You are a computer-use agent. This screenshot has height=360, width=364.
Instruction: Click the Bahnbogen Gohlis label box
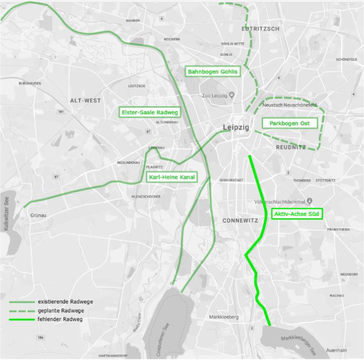pyautogui.click(x=212, y=72)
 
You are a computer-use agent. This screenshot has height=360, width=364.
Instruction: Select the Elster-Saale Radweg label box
pyautogui.click(x=150, y=112)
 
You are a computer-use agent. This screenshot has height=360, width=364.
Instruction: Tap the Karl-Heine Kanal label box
pyautogui.click(x=171, y=177)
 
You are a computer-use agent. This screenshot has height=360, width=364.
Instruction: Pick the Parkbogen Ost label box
pyautogui.click(x=289, y=123)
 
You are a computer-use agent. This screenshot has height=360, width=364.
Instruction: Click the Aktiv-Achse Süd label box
pyautogui.click(x=297, y=214)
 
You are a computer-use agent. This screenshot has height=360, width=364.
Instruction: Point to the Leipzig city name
pyautogui.click(x=236, y=127)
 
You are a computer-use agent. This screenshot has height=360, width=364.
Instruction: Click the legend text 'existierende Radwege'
pyautogui.click(x=65, y=302)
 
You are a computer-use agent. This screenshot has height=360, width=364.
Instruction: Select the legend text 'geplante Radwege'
pyautogui.click(x=61, y=310)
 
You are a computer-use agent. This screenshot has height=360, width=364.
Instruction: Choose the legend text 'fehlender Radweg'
pyautogui.click(x=60, y=320)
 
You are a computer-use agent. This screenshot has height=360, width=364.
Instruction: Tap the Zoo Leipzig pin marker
pyautogui.click(x=231, y=95)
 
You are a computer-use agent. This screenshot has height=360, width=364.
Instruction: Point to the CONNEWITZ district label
pyautogui.click(x=240, y=220)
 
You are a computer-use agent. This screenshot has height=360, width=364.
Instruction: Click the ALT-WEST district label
pyautogui.click(x=86, y=101)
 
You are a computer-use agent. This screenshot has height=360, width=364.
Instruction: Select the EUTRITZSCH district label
pyautogui.click(x=260, y=29)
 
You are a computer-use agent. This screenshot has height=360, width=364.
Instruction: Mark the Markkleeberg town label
pyautogui.click(x=224, y=317)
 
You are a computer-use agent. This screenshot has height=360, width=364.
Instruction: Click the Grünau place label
pyautogui.click(x=38, y=215)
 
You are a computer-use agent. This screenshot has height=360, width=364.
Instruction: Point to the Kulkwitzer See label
pyautogui.click(x=7, y=213)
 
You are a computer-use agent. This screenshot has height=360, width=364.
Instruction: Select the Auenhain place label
pyautogui.click(x=336, y=350)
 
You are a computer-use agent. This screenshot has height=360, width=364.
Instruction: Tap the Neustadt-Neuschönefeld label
pyautogui.click(x=290, y=105)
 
